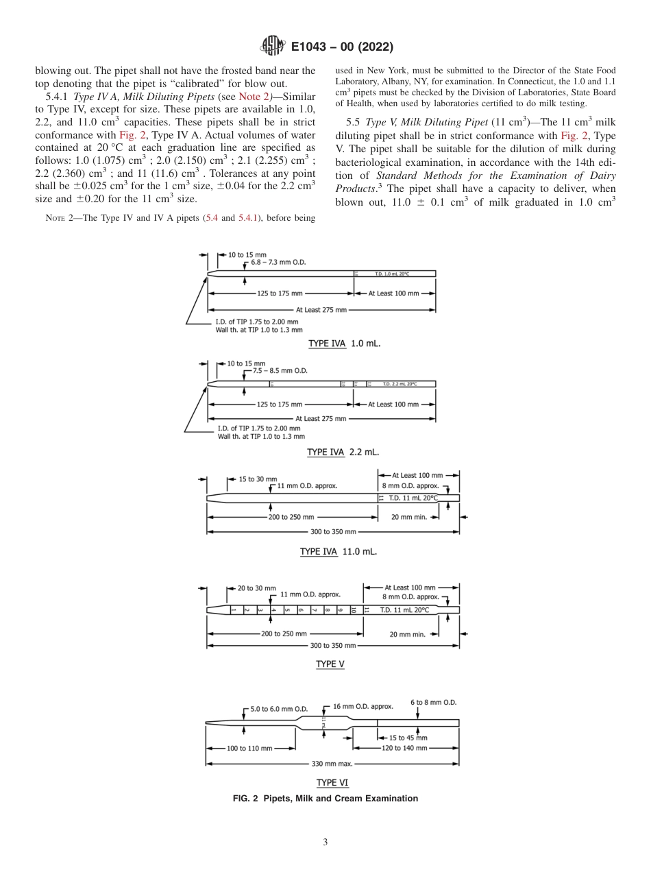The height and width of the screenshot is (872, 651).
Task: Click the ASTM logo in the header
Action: click(272, 47)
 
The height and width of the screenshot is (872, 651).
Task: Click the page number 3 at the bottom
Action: click(325, 843)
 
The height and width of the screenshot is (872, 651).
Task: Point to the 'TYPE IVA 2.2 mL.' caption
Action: click(343, 452)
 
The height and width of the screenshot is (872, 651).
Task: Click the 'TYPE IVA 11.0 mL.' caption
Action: click(338, 551)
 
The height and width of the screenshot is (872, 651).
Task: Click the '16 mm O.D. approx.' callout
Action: click(363, 705)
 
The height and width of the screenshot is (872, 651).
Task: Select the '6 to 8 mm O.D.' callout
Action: click(434, 703)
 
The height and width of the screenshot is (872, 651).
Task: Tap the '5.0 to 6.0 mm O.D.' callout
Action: click(279, 709)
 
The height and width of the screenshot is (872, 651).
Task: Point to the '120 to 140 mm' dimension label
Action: click(404, 748)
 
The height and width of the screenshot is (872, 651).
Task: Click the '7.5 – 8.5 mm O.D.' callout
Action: click(280, 370)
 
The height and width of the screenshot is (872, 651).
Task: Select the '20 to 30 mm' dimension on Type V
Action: click(256, 588)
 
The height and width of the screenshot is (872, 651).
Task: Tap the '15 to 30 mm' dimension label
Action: click(258, 478)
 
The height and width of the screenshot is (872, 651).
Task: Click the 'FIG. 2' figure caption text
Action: click(325, 798)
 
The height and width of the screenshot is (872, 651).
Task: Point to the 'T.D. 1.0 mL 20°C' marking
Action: click(392, 274)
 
